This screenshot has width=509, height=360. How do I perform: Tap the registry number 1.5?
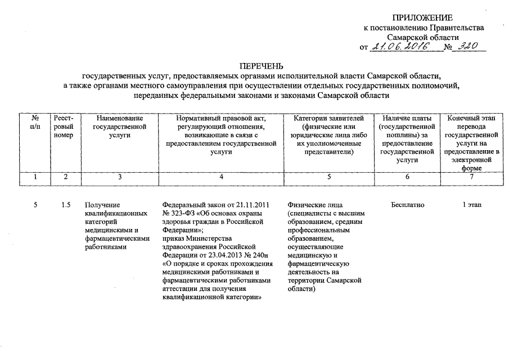pyautogui.click(x=65, y=205)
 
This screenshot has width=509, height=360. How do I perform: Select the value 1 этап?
pyautogui.click(x=471, y=205)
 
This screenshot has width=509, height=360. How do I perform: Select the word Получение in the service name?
pyautogui.click(x=102, y=205)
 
